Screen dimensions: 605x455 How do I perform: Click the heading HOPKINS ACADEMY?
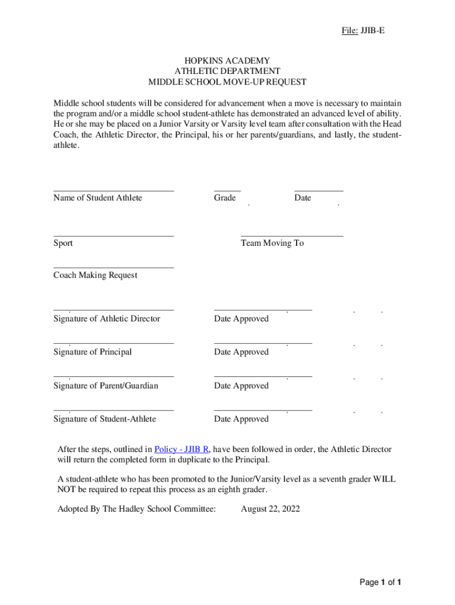(227, 61)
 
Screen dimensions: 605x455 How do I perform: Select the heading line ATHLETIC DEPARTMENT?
(227, 71)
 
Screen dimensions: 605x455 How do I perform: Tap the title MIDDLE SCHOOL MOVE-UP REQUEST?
(227, 82)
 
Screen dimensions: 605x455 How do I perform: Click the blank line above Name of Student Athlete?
(113, 191)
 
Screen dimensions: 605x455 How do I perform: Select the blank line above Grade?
(227, 191)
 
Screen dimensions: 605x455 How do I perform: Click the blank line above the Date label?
(318, 191)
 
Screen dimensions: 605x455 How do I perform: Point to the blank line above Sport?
(113, 236)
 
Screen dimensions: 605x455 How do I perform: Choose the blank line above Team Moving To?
(292, 236)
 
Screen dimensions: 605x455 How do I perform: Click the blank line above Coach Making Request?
(113, 268)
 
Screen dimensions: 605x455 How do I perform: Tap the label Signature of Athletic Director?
(106, 319)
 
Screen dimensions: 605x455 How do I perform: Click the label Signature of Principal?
(92, 352)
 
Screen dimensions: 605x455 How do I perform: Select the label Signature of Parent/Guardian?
(106, 386)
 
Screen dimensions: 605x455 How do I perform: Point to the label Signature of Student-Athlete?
(105, 419)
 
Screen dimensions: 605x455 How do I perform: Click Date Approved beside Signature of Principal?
(241, 352)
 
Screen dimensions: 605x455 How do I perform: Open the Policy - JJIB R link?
(181, 449)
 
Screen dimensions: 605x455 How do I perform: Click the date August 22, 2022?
(270, 509)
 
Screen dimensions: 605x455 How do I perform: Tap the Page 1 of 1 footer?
(381, 583)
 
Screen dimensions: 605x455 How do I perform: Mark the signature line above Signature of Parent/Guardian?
(113, 376)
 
